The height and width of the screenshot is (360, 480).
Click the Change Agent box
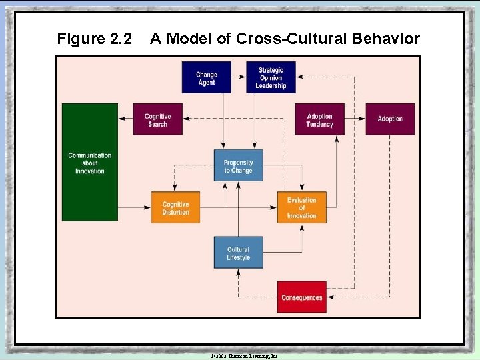click(207, 78)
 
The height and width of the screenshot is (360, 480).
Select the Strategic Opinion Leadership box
click(271, 78)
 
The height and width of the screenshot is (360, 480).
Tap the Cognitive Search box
click(157, 120)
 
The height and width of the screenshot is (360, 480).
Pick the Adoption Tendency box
click(319, 120)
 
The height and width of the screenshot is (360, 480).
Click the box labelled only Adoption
click(390, 119)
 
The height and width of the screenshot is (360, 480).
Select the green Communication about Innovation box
click(90, 162)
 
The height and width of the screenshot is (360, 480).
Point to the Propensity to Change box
click(238, 166)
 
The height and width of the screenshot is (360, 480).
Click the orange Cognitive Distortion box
click(175, 208)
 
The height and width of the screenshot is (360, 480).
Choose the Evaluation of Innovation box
click(301, 207)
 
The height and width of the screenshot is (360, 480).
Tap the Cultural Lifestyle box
click(238, 253)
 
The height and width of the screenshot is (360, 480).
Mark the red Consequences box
click(301, 297)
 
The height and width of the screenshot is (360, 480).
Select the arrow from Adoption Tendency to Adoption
click(355, 120)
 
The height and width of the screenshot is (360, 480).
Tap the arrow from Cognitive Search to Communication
click(125, 119)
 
